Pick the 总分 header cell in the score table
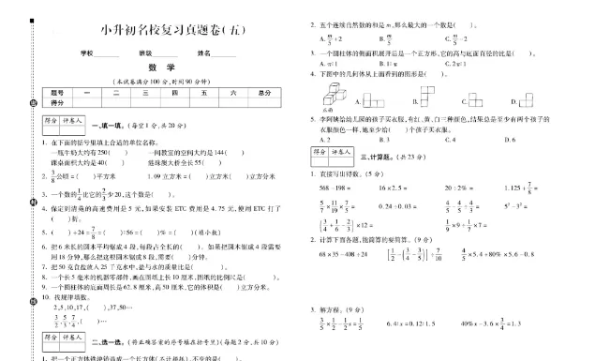(264, 92)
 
